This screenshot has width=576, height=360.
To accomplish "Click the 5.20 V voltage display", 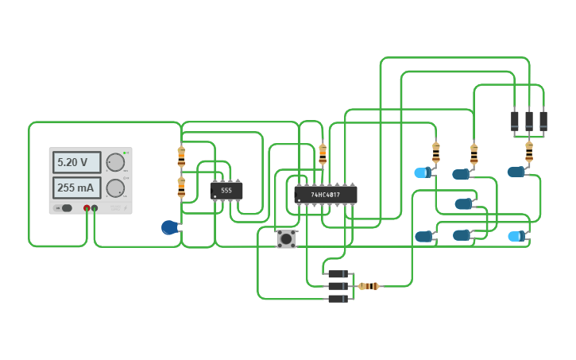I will click(76, 162).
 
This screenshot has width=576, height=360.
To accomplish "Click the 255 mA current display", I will click(76, 188).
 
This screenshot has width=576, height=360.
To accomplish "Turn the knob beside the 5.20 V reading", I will click(115, 162).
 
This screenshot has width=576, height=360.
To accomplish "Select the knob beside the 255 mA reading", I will click(115, 188).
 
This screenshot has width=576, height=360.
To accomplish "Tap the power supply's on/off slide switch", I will click(65, 208).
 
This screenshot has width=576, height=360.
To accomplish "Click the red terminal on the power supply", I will click(87, 208).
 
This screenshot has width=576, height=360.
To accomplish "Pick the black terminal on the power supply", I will click(95, 208).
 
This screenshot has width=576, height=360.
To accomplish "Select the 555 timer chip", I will click(226, 191).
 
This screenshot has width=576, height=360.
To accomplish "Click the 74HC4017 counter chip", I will click(326, 195).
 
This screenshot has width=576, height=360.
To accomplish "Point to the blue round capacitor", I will click(169, 227).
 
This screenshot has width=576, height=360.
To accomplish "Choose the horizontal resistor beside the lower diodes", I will click(369, 286).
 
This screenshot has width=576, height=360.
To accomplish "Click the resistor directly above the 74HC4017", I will click(323, 153).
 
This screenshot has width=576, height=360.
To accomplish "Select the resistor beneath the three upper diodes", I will click(529, 151).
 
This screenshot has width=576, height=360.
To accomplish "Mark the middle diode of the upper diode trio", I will click(529, 121).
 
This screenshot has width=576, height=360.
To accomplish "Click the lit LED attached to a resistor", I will click(423, 172).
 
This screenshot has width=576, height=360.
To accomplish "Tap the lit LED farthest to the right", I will click(516, 236).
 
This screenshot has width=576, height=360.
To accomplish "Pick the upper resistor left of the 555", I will click(181, 157).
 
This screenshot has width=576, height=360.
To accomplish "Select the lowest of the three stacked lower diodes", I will click(338, 299).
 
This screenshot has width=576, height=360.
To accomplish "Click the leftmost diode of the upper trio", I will click(515, 121).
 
